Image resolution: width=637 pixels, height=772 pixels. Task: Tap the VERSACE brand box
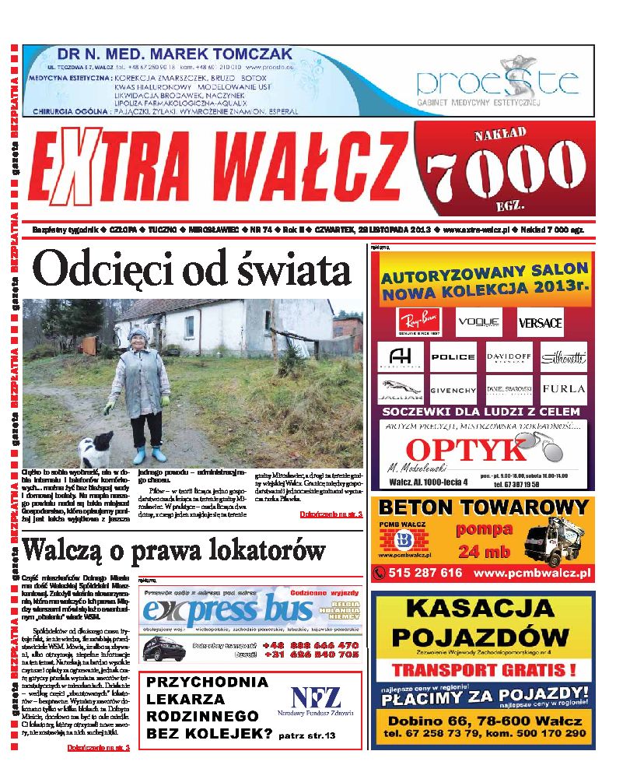(540, 321)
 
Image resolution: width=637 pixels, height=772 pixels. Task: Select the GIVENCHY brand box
(453, 389)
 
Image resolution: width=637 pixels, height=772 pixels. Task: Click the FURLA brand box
(564, 388)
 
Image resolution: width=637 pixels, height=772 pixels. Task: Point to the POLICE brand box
(453, 356)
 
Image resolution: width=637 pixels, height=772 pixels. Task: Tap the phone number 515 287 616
(427, 573)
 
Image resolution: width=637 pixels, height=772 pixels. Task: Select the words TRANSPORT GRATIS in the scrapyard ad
(482, 669)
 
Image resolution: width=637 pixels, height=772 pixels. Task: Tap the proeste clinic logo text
(496, 82)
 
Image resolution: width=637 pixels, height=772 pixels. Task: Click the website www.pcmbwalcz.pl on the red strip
(532, 573)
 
